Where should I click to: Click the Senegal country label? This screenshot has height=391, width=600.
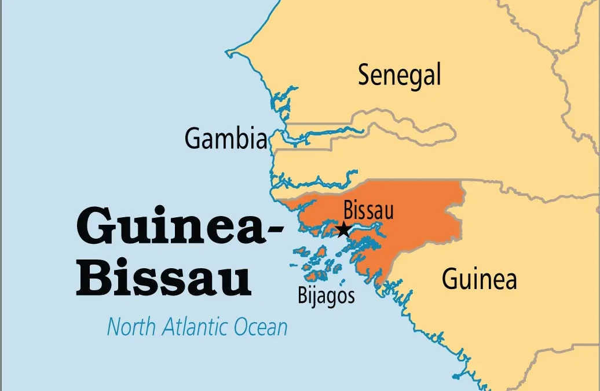pos(399,76)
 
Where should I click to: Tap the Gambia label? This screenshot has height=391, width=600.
pos(226,138)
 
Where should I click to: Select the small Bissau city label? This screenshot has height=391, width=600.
pos(368,210)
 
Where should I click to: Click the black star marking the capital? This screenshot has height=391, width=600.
pos(343,229)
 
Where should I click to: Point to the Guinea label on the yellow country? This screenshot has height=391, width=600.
pos(479,279)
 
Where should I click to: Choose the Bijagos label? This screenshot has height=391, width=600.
pos(326,295)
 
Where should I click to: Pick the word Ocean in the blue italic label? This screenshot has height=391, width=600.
pos(261,327)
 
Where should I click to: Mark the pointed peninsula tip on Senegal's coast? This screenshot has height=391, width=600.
pos(229,56)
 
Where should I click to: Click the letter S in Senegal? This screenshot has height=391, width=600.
pos(364,76)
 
